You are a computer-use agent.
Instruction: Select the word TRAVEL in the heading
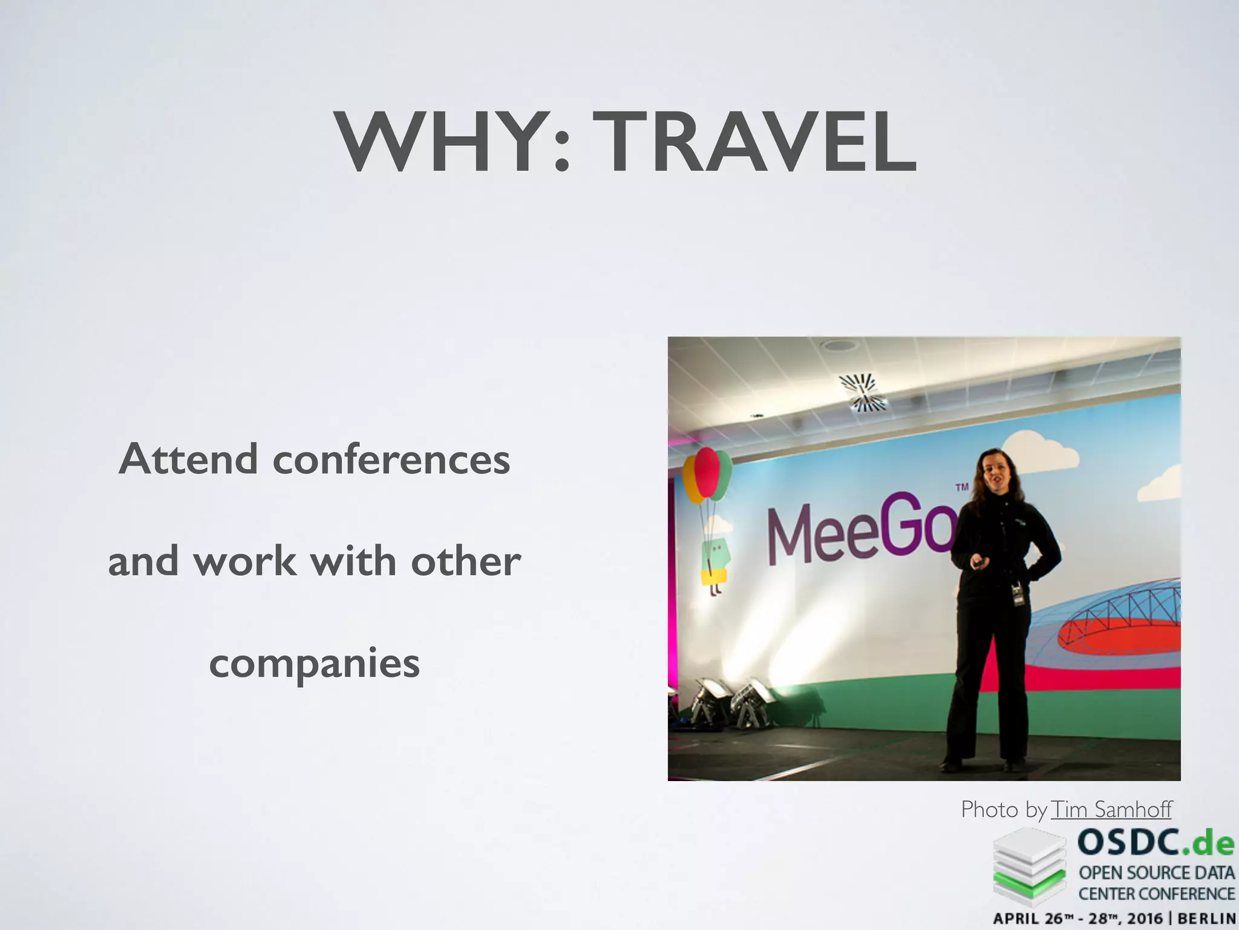click(x=754, y=143)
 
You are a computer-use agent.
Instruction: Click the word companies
click(x=314, y=664)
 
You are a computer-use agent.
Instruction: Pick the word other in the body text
click(x=465, y=561)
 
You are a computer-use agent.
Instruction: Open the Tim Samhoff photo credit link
click(x=1111, y=810)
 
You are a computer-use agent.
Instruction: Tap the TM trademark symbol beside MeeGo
click(x=961, y=487)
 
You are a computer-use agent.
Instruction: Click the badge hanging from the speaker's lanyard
click(x=1018, y=594)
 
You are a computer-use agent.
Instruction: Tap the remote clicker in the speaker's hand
click(x=978, y=563)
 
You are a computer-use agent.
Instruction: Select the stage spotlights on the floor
click(x=732, y=702)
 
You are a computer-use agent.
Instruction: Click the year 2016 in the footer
click(x=1157, y=918)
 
